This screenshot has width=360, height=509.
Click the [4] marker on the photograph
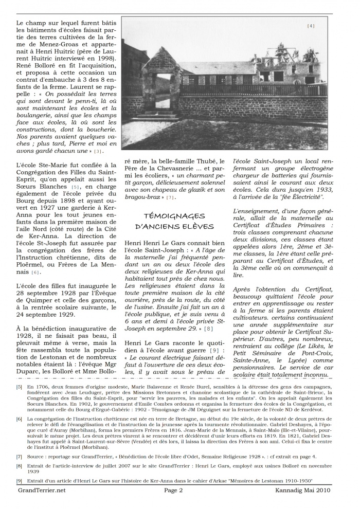click(x=311, y=26)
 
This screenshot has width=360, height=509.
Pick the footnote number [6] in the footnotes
click(x=19, y=419)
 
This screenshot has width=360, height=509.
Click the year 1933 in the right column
click(x=324, y=197)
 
